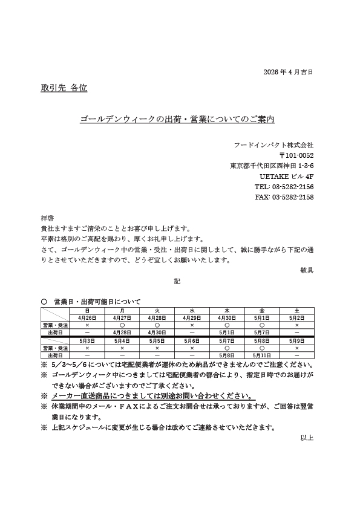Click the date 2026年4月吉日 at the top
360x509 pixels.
pyautogui.click(x=289, y=72)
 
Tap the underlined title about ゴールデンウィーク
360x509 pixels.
pyautogui.click(x=177, y=120)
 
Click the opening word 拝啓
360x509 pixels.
pyautogui.click(x=47, y=218)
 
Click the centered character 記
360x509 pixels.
pyautogui.click(x=177, y=280)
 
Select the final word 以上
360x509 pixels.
pyautogui.click(x=307, y=438)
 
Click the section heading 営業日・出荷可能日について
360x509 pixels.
pyautogui.click(x=97, y=301)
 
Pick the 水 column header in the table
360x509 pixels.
pyautogui.click(x=191, y=310)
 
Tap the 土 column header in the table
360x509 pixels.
pyautogui.click(x=296, y=310)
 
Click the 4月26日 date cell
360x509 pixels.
pyautogui.click(x=87, y=317)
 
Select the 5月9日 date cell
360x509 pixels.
pyautogui.click(x=296, y=341)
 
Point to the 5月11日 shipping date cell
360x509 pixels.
pyautogui.click(x=261, y=355)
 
